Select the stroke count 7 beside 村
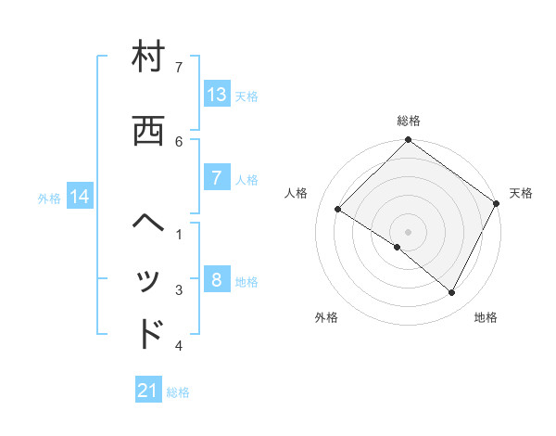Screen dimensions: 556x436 [x=179, y=67]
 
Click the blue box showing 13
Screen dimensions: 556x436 [x=216, y=94]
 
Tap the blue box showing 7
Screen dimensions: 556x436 [x=216, y=178]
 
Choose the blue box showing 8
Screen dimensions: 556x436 [x=216, y=280]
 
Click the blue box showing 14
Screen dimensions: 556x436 [x=80, y=197]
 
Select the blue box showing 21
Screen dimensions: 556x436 [x=148, y=391]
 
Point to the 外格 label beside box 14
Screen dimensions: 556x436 [x=50, y=198]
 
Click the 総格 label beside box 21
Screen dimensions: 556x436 [x=178, y=392]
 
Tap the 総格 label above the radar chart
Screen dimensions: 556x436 [x=408, y=121]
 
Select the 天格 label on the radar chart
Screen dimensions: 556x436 [x=521, y=193]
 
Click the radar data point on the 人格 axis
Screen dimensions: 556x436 [x=338, y=210]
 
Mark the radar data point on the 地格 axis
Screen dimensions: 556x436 [x=451, y=293]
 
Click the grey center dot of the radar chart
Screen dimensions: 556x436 [x=408, y=231]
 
